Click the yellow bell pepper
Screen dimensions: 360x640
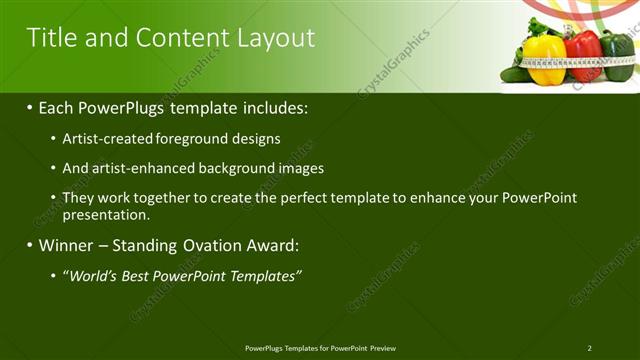coord(544,59)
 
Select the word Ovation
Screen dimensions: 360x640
coord(208,244)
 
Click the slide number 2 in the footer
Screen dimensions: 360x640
coord(589,348)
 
